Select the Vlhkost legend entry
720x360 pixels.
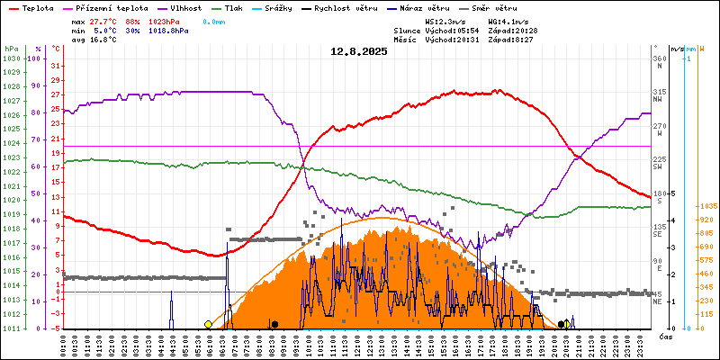pos(184,6)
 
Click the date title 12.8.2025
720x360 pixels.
pos(358,51)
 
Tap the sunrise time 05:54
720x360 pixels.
pos(472,31)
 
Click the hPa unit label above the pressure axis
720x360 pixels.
pos(10,49)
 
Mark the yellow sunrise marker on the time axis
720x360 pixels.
pos(208,324)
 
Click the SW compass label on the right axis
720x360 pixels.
pos(658,166)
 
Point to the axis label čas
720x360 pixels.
pos(665,337)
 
